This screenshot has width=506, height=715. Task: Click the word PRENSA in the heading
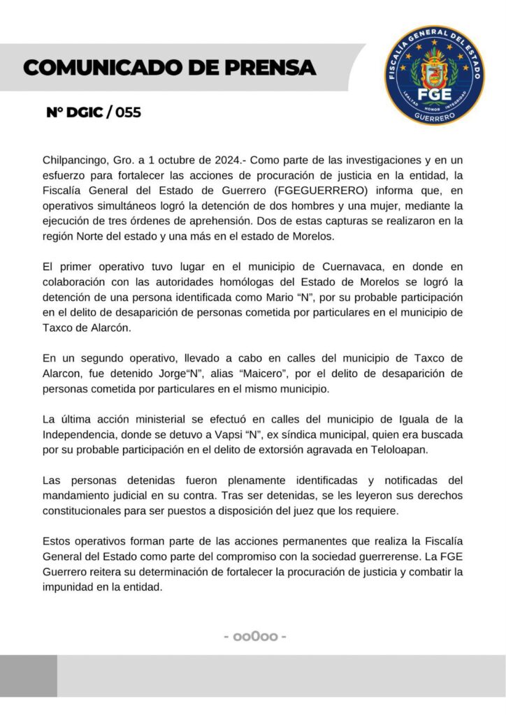click(x=267, y=68)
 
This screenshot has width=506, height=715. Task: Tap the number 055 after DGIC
click(x=124, y=112)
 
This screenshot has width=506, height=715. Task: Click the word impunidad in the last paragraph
click(x=69, y=587)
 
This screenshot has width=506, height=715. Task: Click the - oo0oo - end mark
click(x=255, y=637)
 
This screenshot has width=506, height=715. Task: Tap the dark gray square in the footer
click(x=29, y=675)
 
